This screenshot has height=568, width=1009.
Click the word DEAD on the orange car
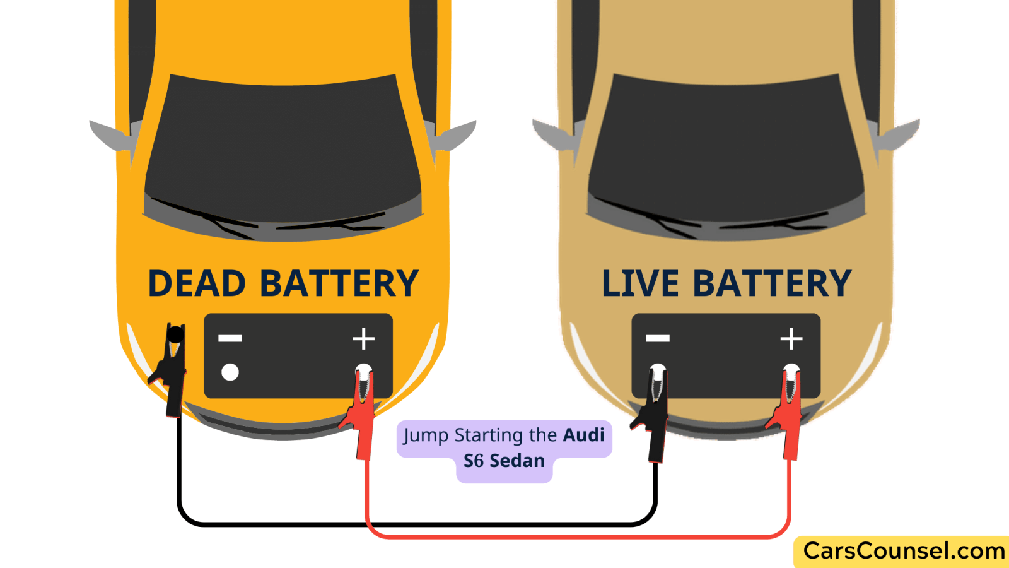pyautogui.click(x=196, y=283)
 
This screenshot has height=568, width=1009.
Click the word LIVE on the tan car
pyautogui.click(x=639, y=283)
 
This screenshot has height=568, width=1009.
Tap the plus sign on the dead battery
pyautogui.click(x=363, y=338)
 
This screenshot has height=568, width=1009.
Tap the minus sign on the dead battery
pyautogui.click(x=230, y=338)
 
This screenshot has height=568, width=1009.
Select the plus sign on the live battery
pyautogui.click(x=791, y=338)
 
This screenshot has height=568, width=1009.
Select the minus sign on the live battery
pyautogui.click(x=658, y=338)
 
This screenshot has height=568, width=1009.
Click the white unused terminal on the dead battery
pyautogui.click(x=230, y=372)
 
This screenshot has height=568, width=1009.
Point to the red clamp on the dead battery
pyautogui.click(x=362, y=410)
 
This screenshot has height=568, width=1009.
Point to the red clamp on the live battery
pyautogui.click(x=788, y=410)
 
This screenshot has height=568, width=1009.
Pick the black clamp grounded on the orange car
pyautogui.click(x=172, y=372)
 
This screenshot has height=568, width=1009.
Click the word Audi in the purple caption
pyautogui.click(x=583, y=435)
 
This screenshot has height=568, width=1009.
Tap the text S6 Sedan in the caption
pyautogui.click(x=504, y=461)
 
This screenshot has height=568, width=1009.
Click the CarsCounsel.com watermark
pyautogui.click(x=903, y=551)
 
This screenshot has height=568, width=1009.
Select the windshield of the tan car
pyautogui.click(x=725, y=148)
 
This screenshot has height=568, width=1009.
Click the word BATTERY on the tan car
pyautogui.click(x=772, y=283)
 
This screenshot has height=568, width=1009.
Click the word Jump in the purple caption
pyautogui.click(x=426, y=435)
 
